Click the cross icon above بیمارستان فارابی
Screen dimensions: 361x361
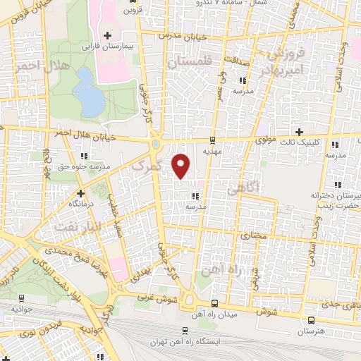click(x=107, y=35)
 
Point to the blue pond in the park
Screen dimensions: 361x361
click(x=88, y=92)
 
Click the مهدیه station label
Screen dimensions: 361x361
click(x=213, y=150)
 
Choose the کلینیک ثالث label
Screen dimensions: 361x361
click(x=300, y=142)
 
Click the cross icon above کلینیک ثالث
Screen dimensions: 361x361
click(x=300, y=132)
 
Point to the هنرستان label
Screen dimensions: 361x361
click(x=311, y=341)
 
